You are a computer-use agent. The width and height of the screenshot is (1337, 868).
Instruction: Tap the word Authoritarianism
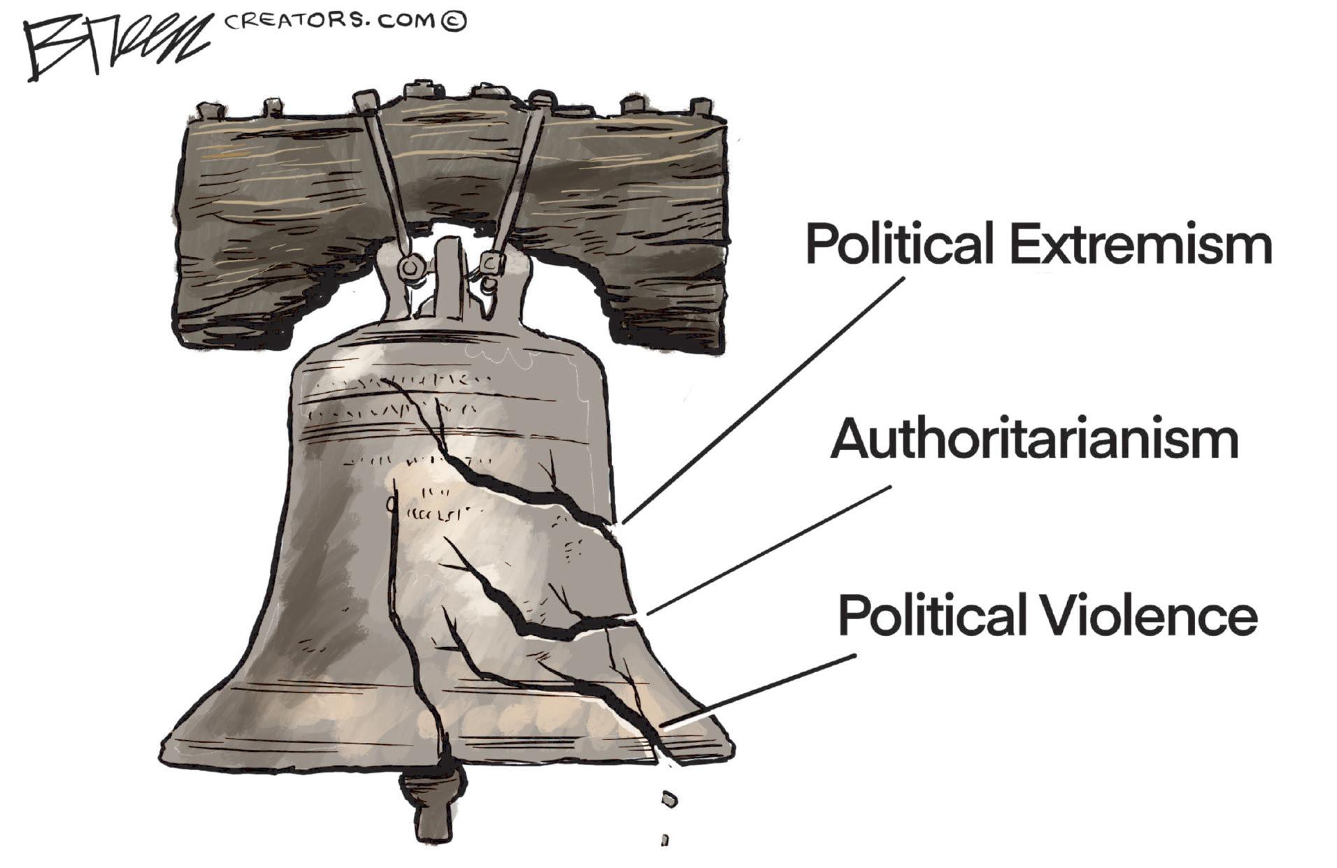click(1034, 440)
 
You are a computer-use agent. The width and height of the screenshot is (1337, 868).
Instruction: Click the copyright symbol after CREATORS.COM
click(454, 22)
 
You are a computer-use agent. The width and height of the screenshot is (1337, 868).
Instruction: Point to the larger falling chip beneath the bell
click(669, 798)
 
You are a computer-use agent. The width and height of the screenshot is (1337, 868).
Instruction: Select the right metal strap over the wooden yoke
click(519, 175)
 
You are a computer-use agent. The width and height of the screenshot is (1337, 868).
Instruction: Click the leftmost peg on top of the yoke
click(208, 110)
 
